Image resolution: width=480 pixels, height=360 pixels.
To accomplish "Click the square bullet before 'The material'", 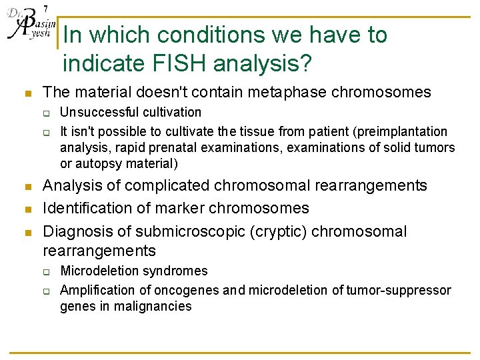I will click(x=26, y=93).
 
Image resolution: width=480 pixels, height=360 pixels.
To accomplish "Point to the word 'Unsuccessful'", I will click(x=95, y=112).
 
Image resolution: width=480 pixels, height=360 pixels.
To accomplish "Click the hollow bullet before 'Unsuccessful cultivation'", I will click(x=48, y=113).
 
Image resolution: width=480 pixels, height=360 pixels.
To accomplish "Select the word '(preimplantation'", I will click(x=402, y=131).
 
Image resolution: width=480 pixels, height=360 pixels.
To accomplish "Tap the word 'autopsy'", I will click(x=95, y=163).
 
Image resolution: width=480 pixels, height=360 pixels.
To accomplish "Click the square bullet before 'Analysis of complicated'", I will click(x=26, y=186).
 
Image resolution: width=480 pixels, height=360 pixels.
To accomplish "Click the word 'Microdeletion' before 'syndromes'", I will click(x=97, y=271).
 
